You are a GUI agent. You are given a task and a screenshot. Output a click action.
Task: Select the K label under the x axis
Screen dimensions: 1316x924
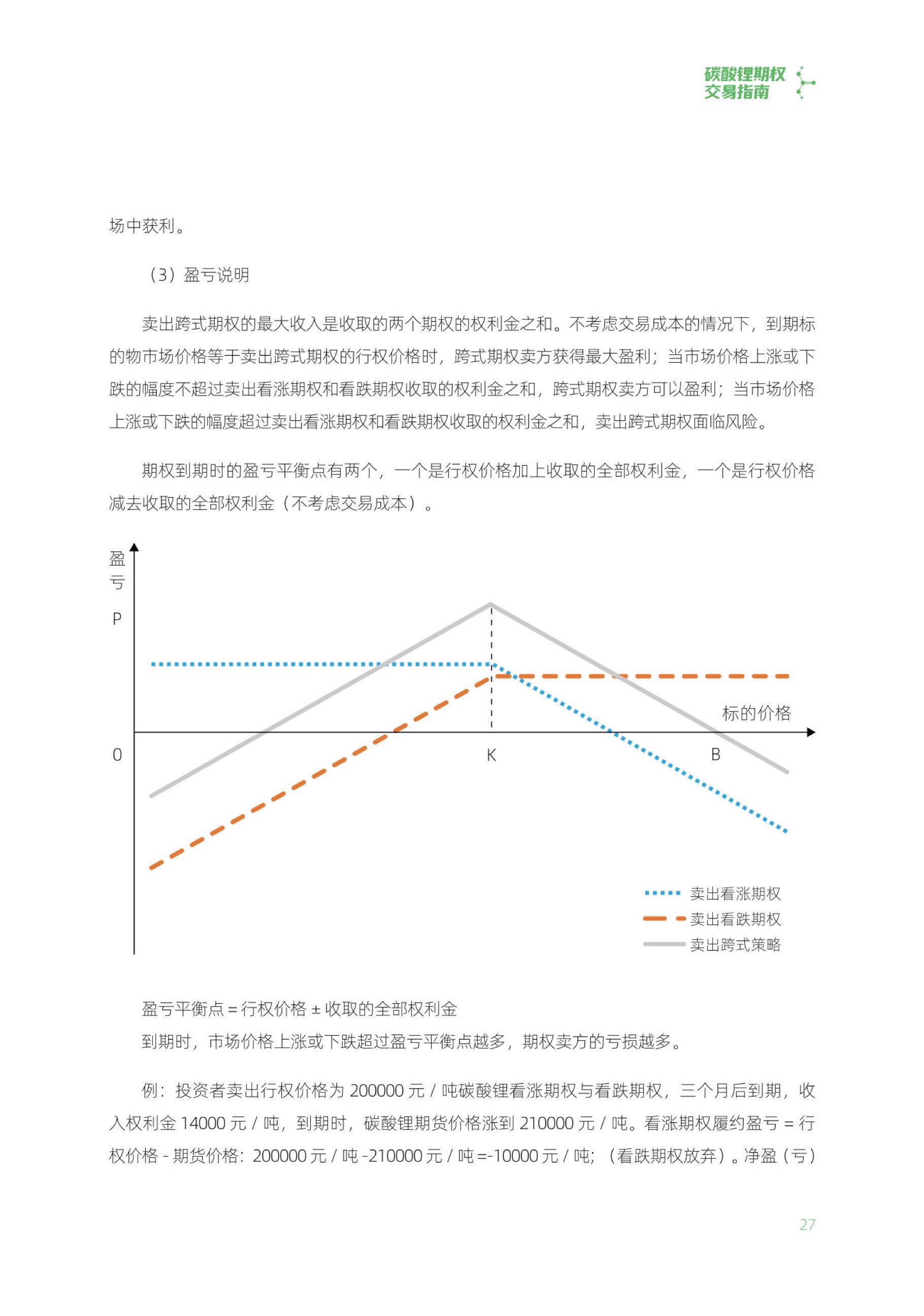(491, 755)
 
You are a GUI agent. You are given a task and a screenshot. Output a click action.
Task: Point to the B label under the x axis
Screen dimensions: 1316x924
(715, 754)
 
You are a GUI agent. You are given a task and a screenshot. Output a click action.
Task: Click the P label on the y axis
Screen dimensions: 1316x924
(117, 619)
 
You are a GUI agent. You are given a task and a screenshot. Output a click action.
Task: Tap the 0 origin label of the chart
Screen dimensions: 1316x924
(117, 755)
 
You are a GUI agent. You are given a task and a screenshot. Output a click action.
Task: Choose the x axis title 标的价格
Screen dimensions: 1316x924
(756, 713)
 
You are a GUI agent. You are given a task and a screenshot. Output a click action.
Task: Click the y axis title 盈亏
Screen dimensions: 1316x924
(117, 570)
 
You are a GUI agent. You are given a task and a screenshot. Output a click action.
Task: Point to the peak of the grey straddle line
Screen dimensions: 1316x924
(490, 604)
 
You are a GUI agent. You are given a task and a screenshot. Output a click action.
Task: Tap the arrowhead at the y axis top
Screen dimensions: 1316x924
(134, 547)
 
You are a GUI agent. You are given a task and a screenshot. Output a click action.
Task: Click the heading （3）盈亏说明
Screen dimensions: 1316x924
(199, 275)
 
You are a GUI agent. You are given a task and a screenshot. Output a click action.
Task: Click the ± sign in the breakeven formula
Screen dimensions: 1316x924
(315, 1009)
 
